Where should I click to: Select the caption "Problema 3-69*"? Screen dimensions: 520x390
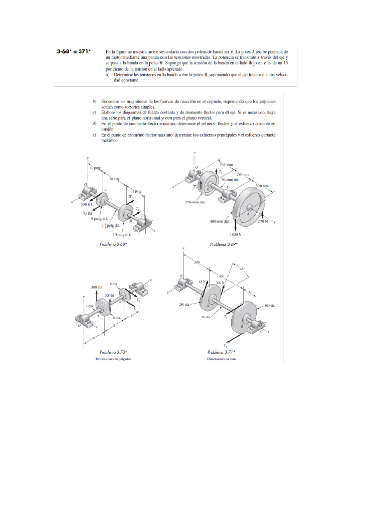coord(224,244)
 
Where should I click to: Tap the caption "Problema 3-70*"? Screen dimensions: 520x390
coord(114,351)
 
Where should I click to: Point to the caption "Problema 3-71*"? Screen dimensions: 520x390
coord(221,352)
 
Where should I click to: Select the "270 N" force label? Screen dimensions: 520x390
coord(264,221)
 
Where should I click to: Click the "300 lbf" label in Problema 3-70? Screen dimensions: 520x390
coord(97,287)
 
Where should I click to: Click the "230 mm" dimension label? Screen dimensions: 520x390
coord(226,165)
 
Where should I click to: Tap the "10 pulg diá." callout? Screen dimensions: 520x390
coord(121,235)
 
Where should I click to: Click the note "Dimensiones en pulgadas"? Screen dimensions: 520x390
coord(114,358)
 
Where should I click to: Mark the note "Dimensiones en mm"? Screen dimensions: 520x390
coord(221,358)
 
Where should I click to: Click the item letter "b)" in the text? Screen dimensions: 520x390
coord(95,102)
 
